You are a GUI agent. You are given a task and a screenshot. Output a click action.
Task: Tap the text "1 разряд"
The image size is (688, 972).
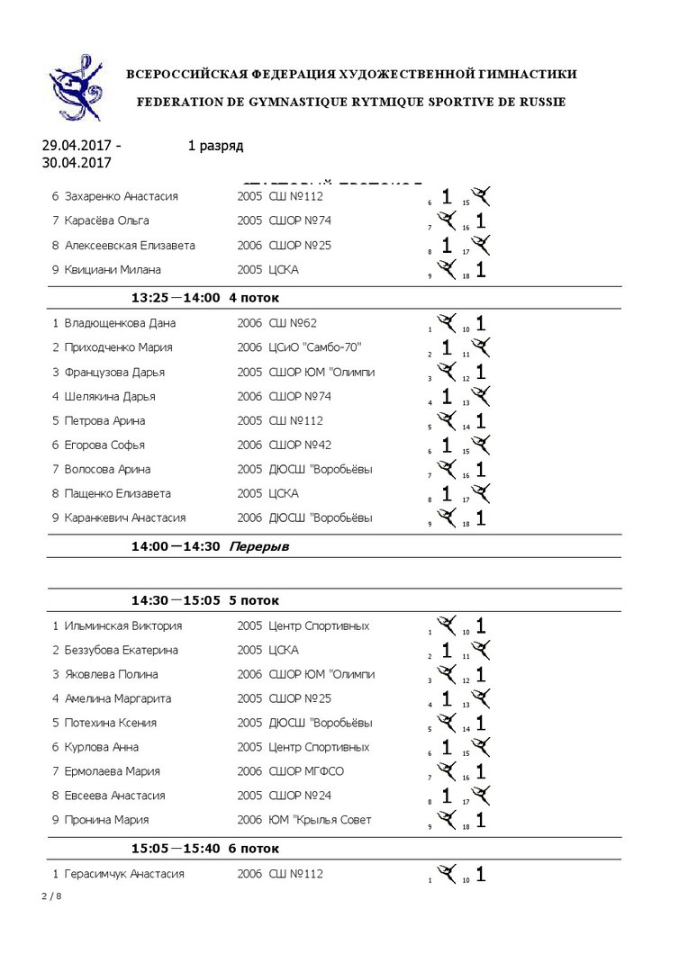tap(215, 146)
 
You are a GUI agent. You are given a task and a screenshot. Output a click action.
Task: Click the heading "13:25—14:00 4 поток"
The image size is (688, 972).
tap(204, 298)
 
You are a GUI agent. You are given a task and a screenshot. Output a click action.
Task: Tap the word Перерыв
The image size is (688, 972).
tap(259, 546)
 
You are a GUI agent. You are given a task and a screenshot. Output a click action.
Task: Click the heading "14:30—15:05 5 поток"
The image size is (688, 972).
tap(204, 600)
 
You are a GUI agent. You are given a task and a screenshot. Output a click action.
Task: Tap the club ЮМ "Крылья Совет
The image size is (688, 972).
tap(320, 820)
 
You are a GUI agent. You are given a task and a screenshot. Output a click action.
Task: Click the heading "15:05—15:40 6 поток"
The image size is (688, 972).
tap(204, 849)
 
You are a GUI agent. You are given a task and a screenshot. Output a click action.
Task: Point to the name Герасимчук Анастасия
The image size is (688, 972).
tap(124, 874)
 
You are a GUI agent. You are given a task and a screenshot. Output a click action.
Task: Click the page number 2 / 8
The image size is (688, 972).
tap(52, 896)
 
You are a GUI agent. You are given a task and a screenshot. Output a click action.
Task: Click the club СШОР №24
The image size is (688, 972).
tap(300, 796)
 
